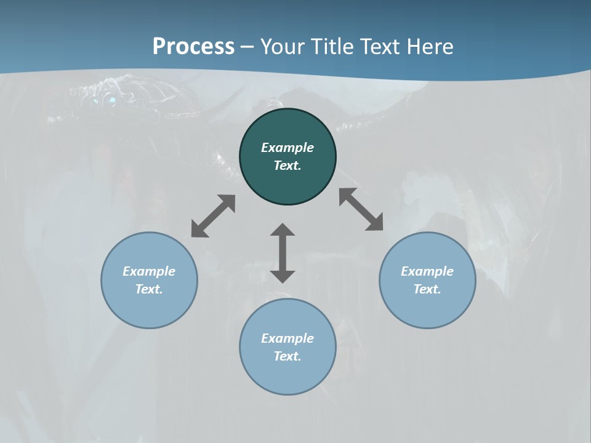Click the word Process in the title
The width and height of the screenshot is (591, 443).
click(193, 46)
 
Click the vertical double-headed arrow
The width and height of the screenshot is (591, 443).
click(283, 253)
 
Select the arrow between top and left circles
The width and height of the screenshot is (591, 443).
click(213, 216)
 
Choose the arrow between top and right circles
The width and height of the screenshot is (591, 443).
click(361, 209)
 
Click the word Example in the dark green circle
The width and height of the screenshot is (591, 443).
click(287, 148)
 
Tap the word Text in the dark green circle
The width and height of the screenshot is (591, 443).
click(287, 166)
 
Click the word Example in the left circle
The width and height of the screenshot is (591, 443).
click(149, 271)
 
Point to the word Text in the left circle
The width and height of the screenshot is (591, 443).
click(149, 289)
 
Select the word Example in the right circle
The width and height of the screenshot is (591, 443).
click(427, 271)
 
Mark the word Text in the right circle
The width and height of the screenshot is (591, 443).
click(427, 289)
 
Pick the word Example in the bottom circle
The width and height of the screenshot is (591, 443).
click(287, 338)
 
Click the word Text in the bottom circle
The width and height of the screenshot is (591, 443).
click(287, 356)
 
